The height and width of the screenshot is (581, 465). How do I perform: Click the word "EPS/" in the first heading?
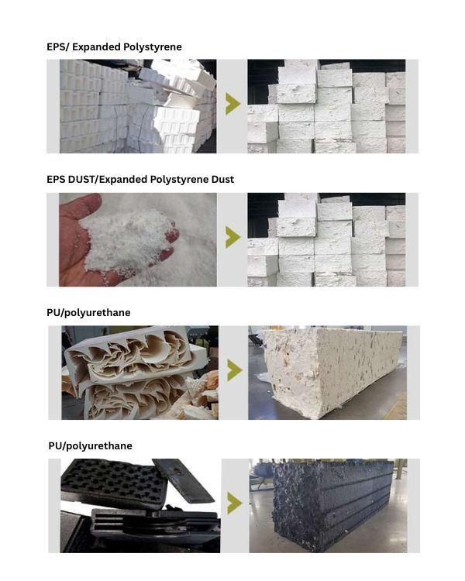pyautogui.click(x=57, y=47)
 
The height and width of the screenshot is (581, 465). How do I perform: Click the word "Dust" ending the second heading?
pyautogui.click(x=222, y=180)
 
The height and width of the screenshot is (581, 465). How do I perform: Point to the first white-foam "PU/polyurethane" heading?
pyautogui.click(x=88, y=313)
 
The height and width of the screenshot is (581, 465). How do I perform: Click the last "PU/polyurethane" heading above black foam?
pyautogui.click(x=90, y=445)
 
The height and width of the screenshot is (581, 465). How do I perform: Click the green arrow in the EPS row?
pyautogui.click(x=232, y=104)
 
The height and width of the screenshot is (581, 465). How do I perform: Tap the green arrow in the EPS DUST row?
pyautogui.click(x=232, y=238)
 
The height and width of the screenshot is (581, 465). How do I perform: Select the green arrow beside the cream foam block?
pyautogui.click(x=235, y=370)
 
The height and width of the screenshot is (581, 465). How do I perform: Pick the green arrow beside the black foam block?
pyautogui.click(x=235, y=504)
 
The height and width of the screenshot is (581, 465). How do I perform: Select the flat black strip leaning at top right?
pyautogui.click(x=184, y=480)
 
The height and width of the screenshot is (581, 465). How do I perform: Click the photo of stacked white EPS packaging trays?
pyautogui.click(x=138, y=106)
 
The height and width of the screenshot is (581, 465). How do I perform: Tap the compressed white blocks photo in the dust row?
pyautogui.click(x=326, y=239)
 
